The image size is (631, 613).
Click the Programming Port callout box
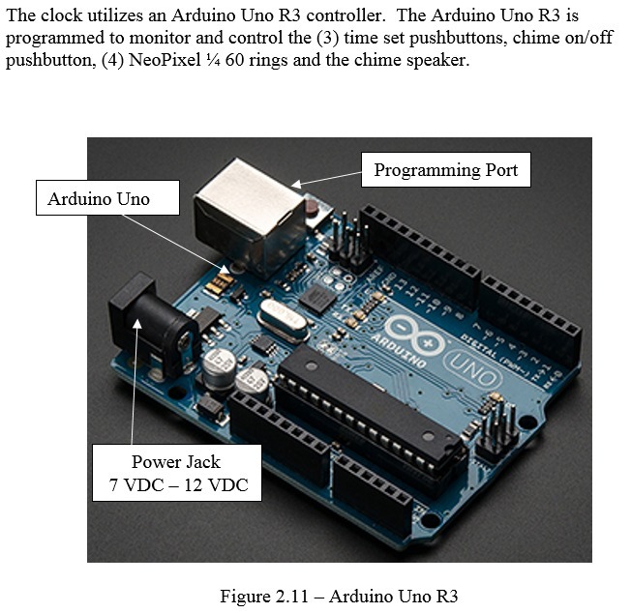[x=445, y=171]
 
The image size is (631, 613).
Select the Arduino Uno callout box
[x=99, y=199]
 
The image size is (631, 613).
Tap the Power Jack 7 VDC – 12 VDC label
[x=176, y=473]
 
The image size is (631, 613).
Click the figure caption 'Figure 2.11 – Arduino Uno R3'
[x=316, y=596]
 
